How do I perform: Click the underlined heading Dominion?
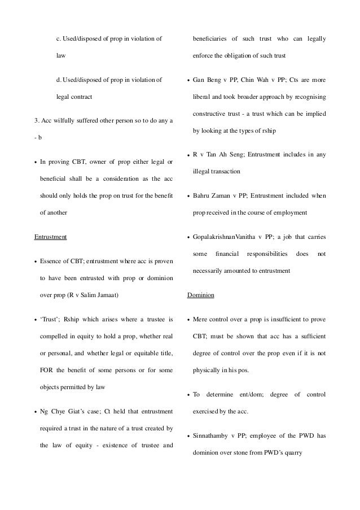point(199,295)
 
